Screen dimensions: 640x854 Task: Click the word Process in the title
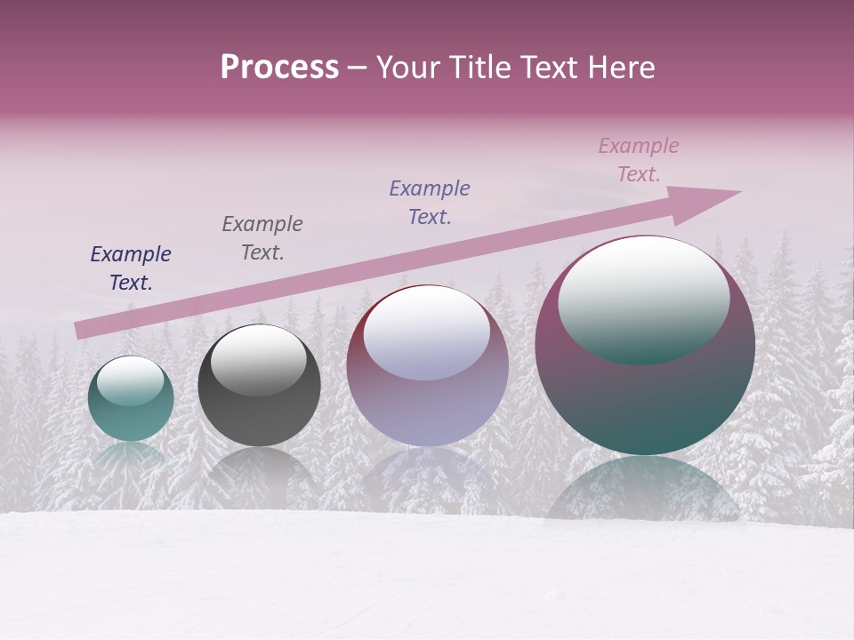[x=279, y=68]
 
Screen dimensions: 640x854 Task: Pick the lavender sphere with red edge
[x=427, y=400]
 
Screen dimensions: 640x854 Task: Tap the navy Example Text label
[x=131, y=268]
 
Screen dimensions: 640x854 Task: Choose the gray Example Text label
[x=262, y=238]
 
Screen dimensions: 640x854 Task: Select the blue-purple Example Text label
[x=430, y=203]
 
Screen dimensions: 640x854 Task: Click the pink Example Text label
[x=639, y=160]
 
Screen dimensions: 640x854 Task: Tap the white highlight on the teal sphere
[x=130, y=381]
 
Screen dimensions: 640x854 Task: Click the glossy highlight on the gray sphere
[x=258, y=360]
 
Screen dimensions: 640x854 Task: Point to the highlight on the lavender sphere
[x=426, y=334]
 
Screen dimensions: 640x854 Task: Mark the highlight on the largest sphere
[x=643, y=300]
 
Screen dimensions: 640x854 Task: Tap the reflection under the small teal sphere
[x=130, y=455]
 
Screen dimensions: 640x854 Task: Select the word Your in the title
[x=406, y=68]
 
